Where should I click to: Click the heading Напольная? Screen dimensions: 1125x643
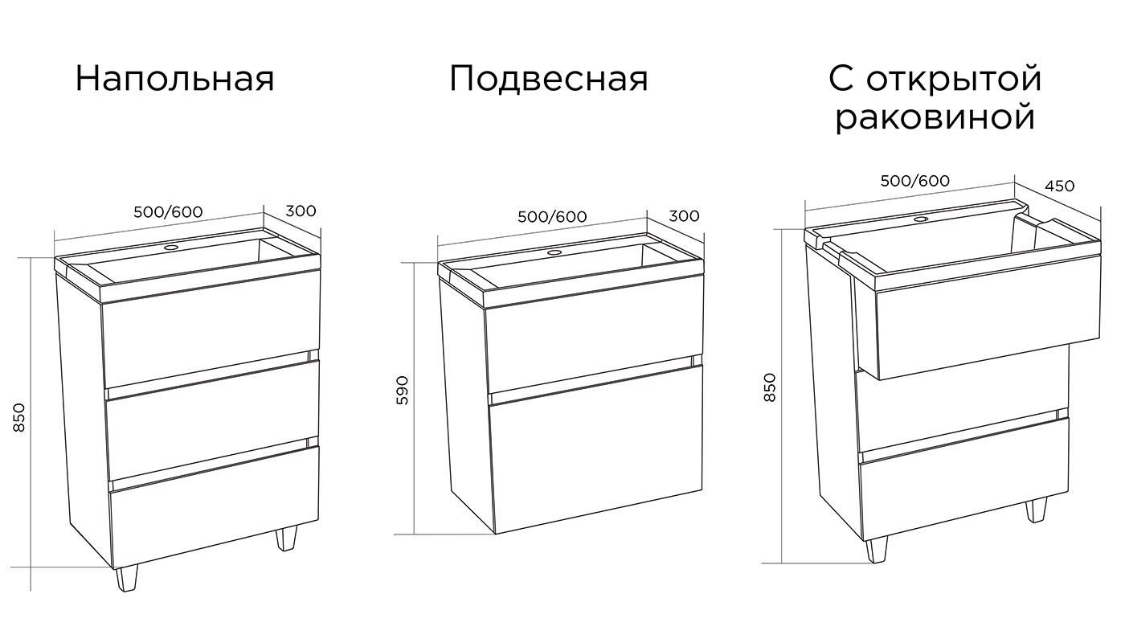point(175,79)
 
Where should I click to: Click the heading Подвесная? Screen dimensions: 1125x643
point(548,79)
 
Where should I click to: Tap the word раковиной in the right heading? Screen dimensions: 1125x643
point(935,118)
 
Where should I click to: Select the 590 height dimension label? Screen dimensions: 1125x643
point(403,390)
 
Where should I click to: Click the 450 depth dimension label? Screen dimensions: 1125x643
point(1060,186)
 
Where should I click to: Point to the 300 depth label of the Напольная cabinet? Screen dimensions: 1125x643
point(301,211)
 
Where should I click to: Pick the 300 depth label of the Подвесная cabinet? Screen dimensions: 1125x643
point(684,216)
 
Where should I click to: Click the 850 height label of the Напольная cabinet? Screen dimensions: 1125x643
point(18,417)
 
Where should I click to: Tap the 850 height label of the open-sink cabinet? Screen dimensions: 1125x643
point(770,387)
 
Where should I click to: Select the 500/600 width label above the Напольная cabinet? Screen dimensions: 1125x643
point(168,212)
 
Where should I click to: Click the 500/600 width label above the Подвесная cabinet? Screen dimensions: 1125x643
point(553,216)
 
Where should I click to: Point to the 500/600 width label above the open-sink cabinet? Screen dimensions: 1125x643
point(915,181)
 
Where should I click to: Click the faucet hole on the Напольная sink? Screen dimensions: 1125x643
point(172,248)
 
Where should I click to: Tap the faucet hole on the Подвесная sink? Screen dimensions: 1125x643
point(554,252)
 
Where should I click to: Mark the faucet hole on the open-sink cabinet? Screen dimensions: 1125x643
point(922,219)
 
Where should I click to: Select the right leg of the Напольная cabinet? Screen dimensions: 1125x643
point(286,538)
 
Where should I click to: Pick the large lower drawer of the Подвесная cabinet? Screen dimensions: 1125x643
point(596,448)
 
